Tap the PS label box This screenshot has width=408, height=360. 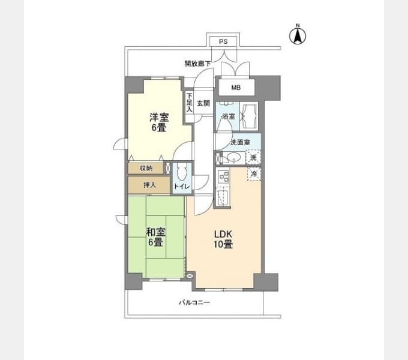tap(223, 41)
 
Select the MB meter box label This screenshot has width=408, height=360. tap(236, 88)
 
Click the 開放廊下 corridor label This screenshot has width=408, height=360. tap(197, 64)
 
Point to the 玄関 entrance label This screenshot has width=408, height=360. tap(203, 103)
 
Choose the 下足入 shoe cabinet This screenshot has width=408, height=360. tap(190, 103)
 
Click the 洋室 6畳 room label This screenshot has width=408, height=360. tap(159, 122)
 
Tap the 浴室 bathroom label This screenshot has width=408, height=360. tap(229, 116)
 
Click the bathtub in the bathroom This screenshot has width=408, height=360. tap(248, 116)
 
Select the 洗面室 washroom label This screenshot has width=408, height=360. tap(240, 142)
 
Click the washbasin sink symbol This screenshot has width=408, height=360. tap(234, 157)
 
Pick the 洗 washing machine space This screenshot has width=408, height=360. tap(253, 157)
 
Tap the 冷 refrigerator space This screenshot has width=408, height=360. tap(254, 174)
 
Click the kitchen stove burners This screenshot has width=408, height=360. tap(223, 176)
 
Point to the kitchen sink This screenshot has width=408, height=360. tap(223, 197)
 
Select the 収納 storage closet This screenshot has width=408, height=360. tap(146, 168)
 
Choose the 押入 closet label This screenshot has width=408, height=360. tap(149, 185)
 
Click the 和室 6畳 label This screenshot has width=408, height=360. tap(155, 237)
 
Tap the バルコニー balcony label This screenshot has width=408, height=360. tap(194, 302)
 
